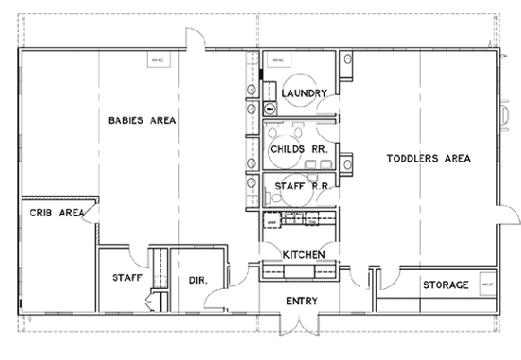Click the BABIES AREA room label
pyautogui.click(x=142, y=120)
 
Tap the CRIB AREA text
pyautogui.click(x=52, y=212)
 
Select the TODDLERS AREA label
pyautogui.click(x=429, y=158)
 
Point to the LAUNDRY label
pyautogui.click(x=305, y=93)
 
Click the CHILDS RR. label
pyautogui.click(x=299, y=149)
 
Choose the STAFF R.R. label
pyautogui.click(x=301, y=186)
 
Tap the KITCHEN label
pyautogui.click(x=305, y=255)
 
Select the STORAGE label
pyautogui.click(x=445, y=284)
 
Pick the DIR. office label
pyautogui.click(x=198, y=280)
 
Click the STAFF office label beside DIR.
pyautogui.click(x=127, y=278)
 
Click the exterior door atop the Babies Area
pyautogui.click(x=195, y=39)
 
